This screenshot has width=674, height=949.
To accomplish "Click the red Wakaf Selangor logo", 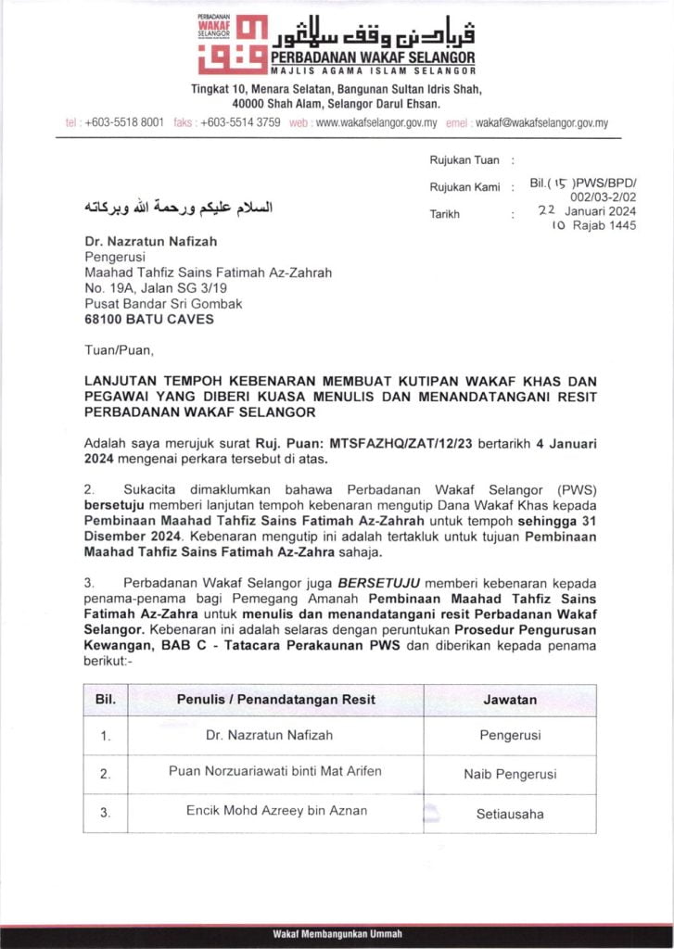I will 233,44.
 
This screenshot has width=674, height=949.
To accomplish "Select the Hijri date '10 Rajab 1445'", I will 594,226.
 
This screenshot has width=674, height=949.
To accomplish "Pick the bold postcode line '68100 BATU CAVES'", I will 148,320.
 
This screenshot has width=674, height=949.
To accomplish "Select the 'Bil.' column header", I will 106,700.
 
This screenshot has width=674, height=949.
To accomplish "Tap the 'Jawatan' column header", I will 509,700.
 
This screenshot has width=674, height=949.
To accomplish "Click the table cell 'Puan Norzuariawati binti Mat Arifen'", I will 274,771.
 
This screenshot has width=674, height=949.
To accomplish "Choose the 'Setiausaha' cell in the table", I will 510,815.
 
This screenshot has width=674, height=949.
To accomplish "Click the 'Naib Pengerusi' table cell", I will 510,774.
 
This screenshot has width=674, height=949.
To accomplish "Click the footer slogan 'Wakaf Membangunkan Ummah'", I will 337,933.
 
